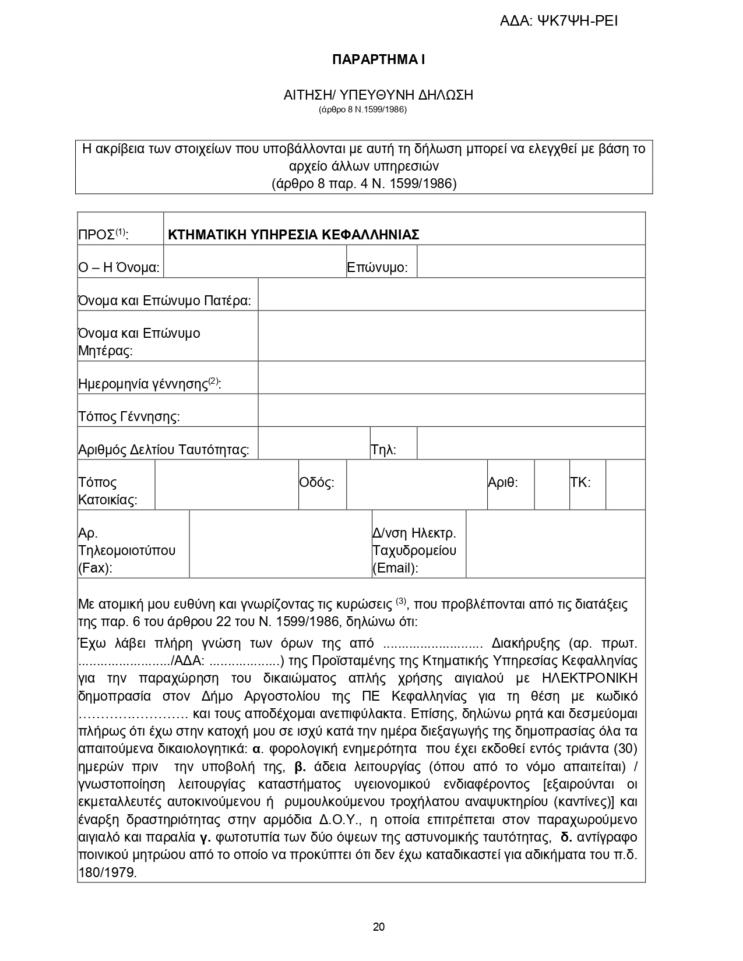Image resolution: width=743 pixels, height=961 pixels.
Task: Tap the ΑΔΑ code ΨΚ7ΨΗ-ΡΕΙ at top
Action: pos(559,22)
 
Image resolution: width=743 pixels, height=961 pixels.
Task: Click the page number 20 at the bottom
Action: pos(378,927)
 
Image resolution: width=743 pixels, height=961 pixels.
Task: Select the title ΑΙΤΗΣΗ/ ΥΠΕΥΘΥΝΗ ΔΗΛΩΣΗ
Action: pos(378,95)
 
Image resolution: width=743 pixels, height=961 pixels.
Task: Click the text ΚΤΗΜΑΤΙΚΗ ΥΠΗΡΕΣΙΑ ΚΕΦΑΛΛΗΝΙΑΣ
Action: pos(294,235)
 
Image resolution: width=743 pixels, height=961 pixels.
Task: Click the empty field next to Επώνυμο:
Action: pos(531,262)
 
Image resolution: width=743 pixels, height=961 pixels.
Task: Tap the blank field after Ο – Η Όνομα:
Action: pos(255,262)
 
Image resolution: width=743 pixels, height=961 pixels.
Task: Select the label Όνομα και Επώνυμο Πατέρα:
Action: pos(164,301)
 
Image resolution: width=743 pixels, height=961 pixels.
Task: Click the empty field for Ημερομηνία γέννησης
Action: pos(451,377)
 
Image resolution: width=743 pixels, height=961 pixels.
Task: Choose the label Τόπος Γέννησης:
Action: pos(129,416)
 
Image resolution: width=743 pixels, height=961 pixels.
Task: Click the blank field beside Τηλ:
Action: pos(531,443)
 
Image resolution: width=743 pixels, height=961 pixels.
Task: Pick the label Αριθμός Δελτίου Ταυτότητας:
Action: pos(164,450)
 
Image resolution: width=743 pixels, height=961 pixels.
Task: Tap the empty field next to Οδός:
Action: pos(417,485)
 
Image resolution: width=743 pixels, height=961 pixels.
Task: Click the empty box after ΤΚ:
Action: pos(625,485)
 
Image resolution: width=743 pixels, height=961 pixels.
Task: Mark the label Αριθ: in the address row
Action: pos(503,482)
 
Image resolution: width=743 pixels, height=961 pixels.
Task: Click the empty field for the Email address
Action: pos(555,544)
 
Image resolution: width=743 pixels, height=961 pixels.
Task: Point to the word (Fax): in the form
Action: pos(96,568)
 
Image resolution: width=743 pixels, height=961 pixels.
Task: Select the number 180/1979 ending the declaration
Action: pos(107,873)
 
